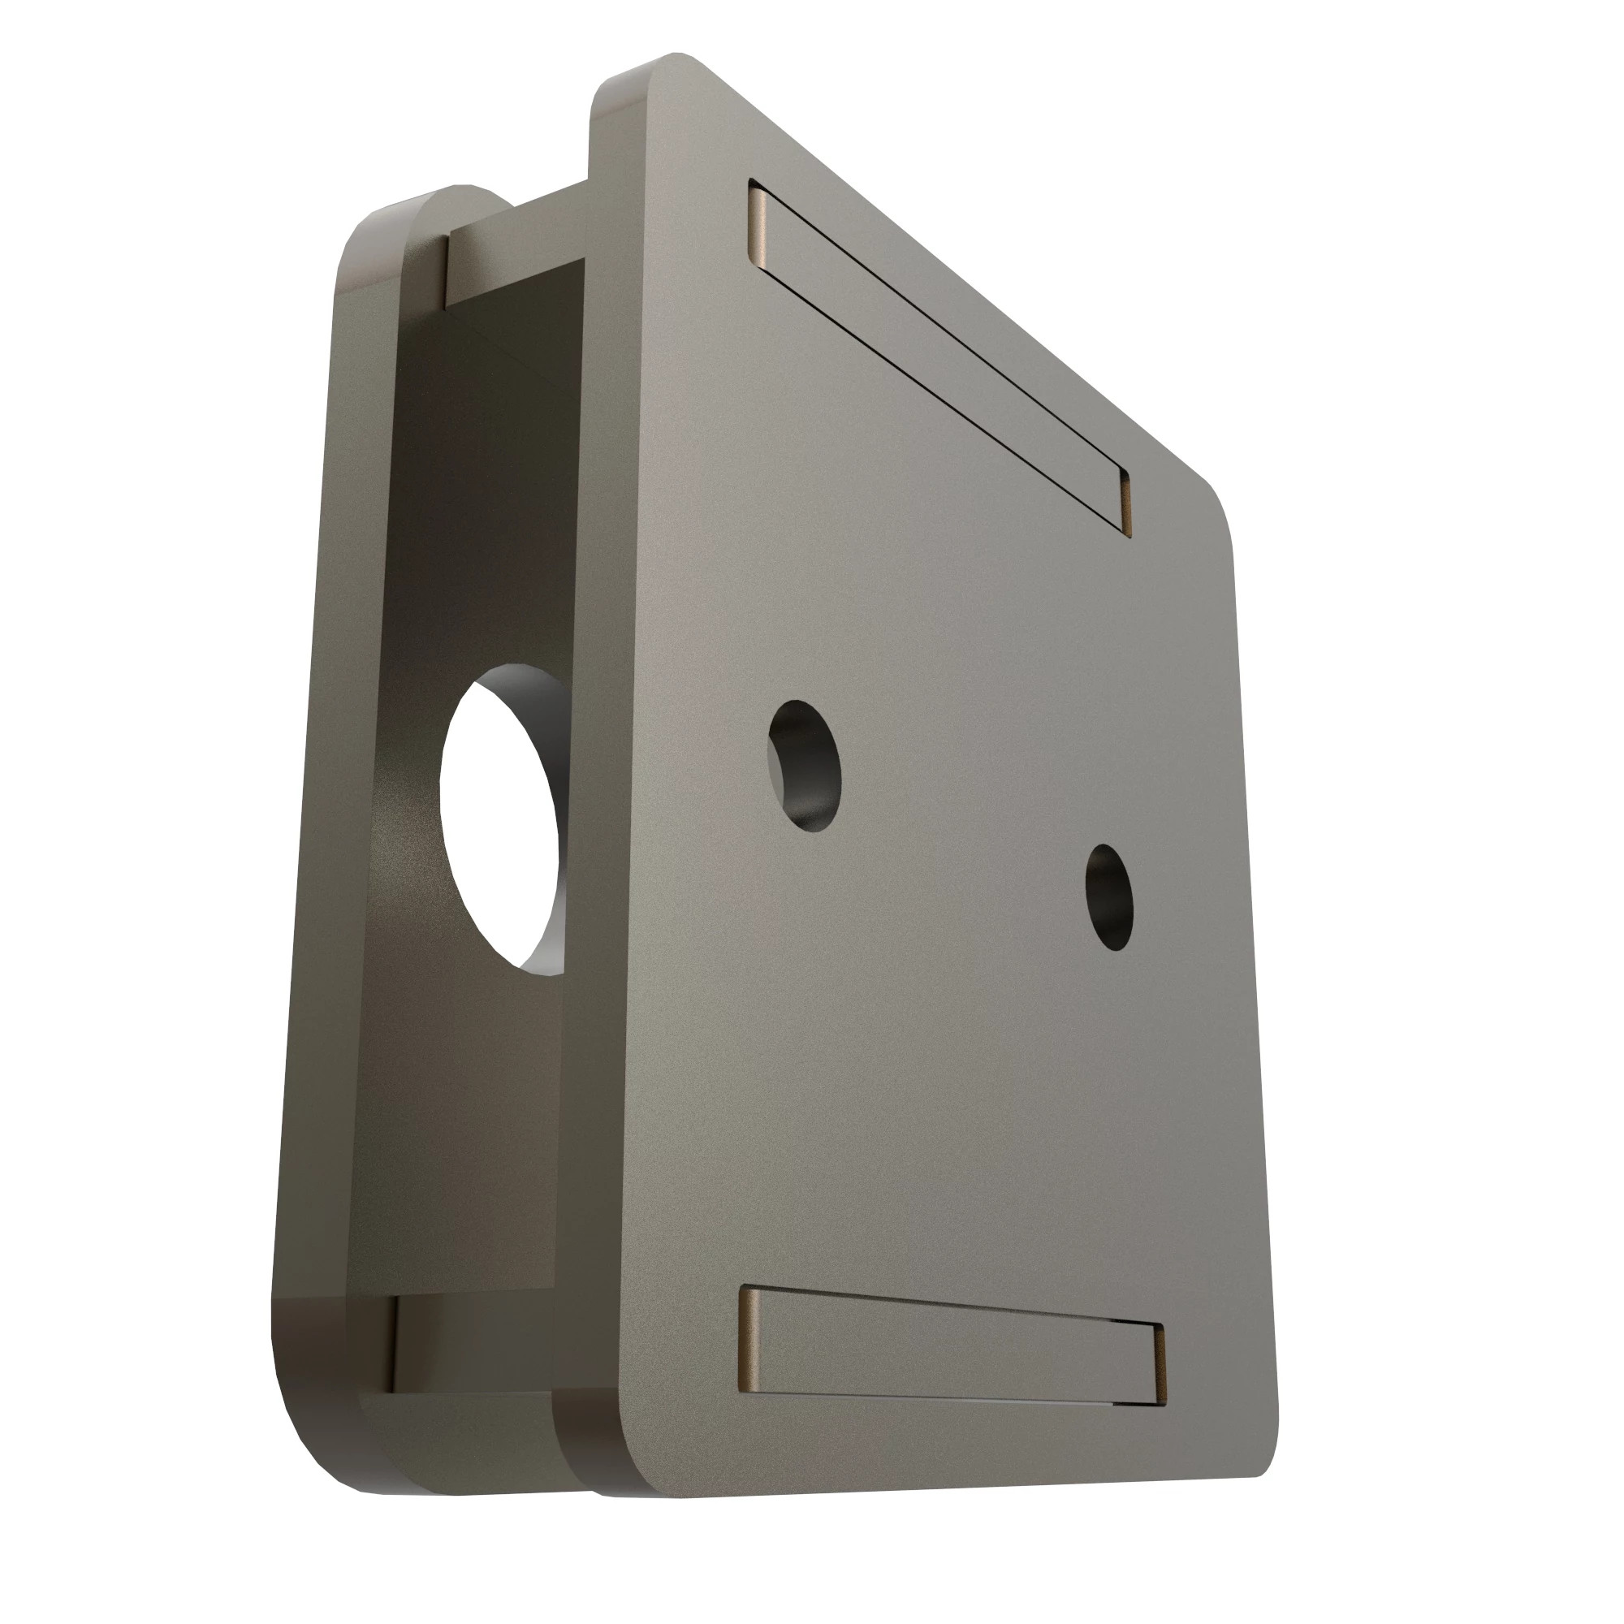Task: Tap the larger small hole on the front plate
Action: (806, 765)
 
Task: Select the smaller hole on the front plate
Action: (1108, 896)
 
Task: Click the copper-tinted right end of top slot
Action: (1125, 503)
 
